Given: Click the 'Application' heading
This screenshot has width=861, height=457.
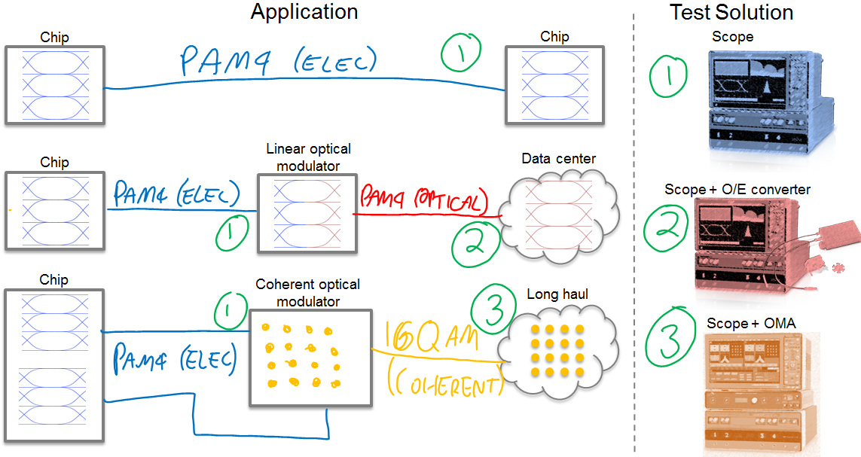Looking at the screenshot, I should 304,12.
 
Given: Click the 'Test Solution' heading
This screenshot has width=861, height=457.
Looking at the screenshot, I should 731,13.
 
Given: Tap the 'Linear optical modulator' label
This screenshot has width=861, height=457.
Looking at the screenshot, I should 308,157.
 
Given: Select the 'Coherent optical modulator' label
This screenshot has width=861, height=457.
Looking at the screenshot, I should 307,293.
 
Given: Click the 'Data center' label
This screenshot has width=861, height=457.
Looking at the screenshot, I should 558,159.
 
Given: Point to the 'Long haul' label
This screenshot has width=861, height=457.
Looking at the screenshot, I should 557,294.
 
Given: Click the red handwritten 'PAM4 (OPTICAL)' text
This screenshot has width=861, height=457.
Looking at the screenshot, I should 423,199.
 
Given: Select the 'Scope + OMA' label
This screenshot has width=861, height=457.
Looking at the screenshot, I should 750,324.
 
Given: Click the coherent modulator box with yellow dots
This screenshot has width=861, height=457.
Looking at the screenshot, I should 310,358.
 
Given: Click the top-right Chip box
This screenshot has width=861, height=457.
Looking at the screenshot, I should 554,84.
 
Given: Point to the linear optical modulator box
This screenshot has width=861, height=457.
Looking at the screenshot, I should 307,214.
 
